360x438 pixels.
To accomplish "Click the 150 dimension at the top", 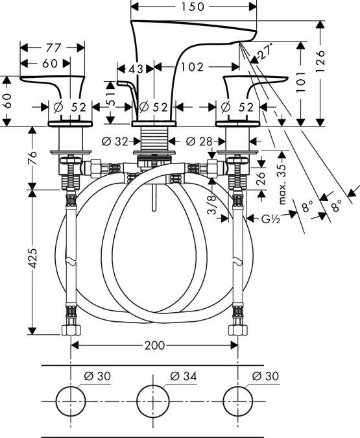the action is (193, 6).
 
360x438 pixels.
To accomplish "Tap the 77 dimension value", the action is (53, 48).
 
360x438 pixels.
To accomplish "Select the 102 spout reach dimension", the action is (193, 67).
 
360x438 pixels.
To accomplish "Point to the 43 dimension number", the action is (136, 69).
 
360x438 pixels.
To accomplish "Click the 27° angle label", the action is (265, 51).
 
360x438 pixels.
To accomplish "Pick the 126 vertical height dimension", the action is (320, 62).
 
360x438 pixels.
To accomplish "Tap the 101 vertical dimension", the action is (300, 82).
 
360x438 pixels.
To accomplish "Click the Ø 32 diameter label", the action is (115, 141).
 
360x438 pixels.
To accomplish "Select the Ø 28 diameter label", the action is (199, 141).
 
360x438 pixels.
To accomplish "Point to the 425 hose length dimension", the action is (32, 258).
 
